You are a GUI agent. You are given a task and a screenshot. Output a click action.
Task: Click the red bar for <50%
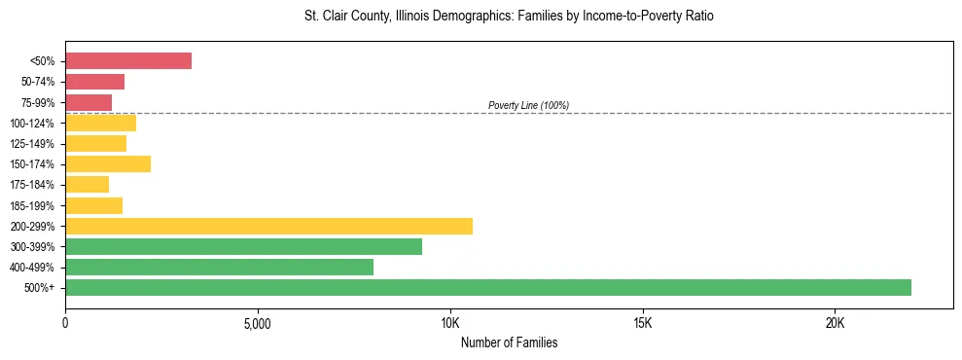(x=128, y=61)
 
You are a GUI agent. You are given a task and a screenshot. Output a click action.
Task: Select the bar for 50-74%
(x=94, y=82)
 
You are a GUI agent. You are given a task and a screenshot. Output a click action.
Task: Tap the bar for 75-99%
(x=89, y=102)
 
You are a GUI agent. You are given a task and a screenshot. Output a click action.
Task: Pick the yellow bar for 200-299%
(x=268, y=226)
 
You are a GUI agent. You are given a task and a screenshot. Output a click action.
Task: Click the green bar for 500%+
(x=488, y=287)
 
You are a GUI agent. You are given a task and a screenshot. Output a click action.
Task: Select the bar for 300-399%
(x=243, y=246)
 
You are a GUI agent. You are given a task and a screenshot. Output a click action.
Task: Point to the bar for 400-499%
(x=219, y=267)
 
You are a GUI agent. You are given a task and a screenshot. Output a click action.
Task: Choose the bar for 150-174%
(x=108, y=164)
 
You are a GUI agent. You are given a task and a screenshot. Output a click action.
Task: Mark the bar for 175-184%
(x=87, y=185)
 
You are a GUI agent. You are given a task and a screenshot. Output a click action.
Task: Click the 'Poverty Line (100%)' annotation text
(x=528, y=105)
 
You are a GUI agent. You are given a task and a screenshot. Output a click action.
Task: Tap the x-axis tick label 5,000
(x=258, y=322)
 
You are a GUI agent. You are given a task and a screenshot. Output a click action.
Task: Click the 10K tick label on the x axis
(x=450, y=322)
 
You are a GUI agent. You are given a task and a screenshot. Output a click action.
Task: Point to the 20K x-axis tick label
(x=836, y=322)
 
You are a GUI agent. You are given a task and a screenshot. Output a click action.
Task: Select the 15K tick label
(x=643, y=322)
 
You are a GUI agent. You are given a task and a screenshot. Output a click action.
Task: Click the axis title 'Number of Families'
(x=509, y=342)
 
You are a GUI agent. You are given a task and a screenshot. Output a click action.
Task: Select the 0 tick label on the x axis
(x=65, y=322)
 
